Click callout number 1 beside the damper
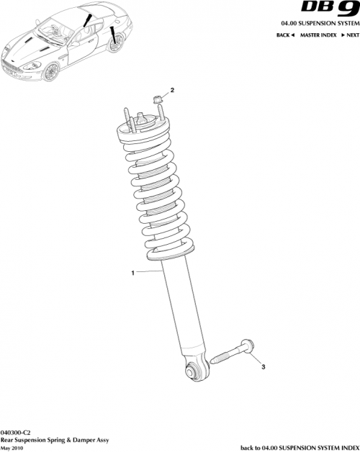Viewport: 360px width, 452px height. [132, 273]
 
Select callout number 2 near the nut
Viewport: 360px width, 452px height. [172, 91]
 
